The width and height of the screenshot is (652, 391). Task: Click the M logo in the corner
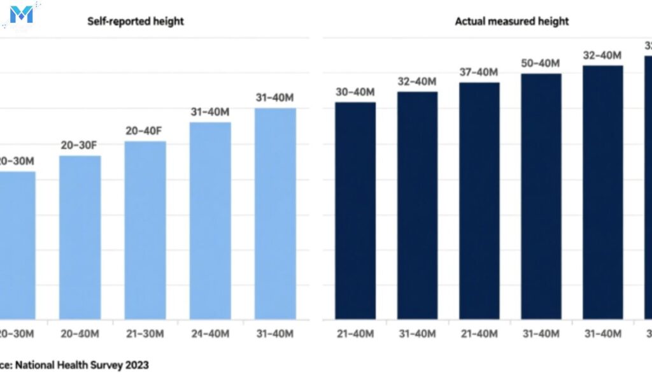point(22,14)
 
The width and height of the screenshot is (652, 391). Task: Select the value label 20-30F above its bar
point(80,146)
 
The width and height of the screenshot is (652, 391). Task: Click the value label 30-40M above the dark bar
point(355,92)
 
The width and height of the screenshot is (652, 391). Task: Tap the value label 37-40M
point(479,72)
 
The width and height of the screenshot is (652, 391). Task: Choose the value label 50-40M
point(541,63)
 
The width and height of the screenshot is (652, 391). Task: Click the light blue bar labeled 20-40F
point(145,229)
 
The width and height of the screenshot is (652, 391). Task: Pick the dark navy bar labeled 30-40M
point(355,210)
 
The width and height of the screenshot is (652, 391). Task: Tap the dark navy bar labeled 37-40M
point(479,201)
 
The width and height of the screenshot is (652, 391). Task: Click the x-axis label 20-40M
point(80,334)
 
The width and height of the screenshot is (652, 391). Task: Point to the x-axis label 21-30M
point(145,334)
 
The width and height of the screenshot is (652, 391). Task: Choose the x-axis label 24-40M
point(210,334)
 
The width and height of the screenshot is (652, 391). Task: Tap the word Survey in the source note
point(106,365)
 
